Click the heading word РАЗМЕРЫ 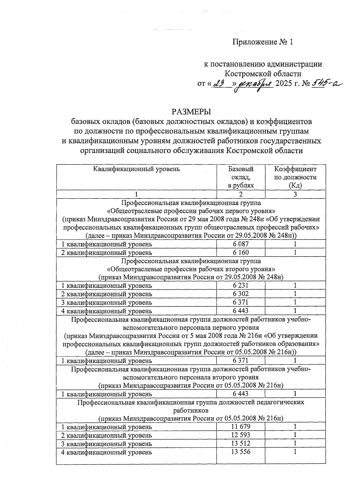click(x=191, y=112)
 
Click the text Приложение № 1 click(x=262, y=42)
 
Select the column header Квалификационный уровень click(x=136, y=169)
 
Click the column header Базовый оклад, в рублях click(x=241, y=177)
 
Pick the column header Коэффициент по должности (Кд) click(x=295, y=177)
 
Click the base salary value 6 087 click(x=241, y=244)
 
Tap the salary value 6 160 click(x=241, y=252)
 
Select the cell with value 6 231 click(x=241, y=285)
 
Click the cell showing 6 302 click(x=241, y=294)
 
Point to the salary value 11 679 click(x=241, y=426)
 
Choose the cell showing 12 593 click(x=241, y=435)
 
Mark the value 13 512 click(x=241, y=443)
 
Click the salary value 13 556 click(x=241, y=452)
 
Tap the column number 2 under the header click(x=241, y=194)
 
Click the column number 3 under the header click(x=295, y=194)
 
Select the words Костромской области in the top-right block click(x=263, y=73)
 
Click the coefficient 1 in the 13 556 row click(x=295, y=452)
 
